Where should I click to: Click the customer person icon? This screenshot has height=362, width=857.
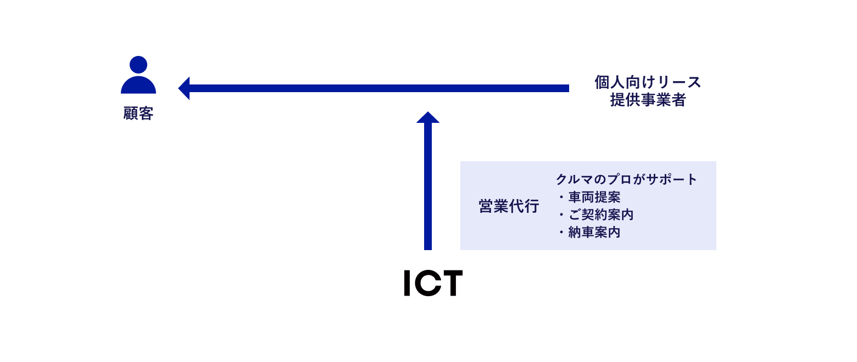point(138,75)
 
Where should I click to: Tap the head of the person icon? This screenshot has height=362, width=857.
point(138,65)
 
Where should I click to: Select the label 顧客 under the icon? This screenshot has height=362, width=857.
point(138,114)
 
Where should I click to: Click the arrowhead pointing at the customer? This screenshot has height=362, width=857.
point(184,88)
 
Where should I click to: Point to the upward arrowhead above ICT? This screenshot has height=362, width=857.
point(428,117)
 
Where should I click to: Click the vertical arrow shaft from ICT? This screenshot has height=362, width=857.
point(428,186)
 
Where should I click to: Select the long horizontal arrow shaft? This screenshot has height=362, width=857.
point(379,88)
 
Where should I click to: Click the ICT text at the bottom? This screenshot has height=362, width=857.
point(433,283)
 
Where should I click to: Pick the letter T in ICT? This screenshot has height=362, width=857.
point(452,283)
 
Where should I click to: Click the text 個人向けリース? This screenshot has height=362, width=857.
point(647,82)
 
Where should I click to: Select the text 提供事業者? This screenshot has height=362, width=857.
point(648,100)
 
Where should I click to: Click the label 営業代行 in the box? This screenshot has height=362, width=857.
point(509,206)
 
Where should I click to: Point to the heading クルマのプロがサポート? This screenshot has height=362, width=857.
point(626,179)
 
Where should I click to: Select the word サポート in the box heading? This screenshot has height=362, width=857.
point(671,179)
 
